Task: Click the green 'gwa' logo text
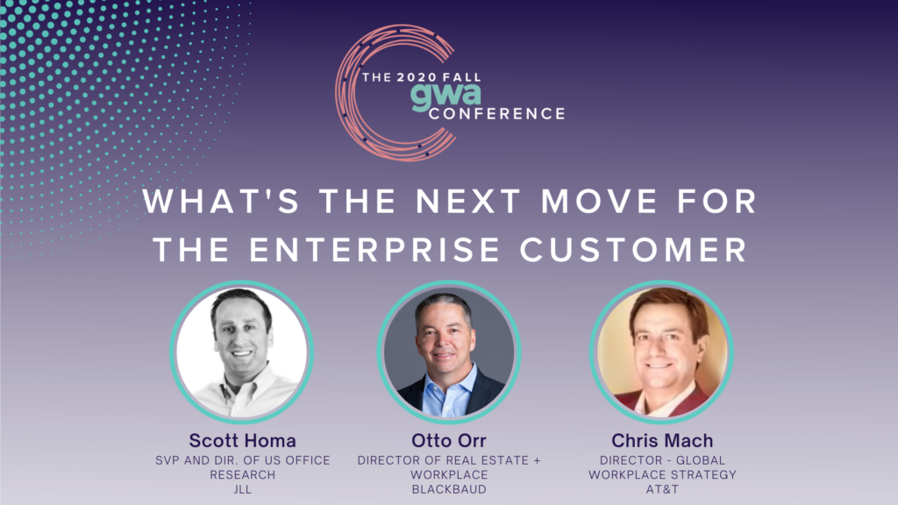click(445, 96)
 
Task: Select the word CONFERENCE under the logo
click(496, 114)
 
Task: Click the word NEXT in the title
click(468, 202)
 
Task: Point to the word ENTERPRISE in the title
click(374, 250)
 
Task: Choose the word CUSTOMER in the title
click(633, 250)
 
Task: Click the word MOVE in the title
click(599, 202)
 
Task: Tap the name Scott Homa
click(242, 440)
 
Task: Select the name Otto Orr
click(448, 440)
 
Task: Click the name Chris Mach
click(662, 440)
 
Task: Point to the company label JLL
click(242, 489)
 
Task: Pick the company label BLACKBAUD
click(449, 489)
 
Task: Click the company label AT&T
click(662, 489)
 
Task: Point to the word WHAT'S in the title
click(221, 202)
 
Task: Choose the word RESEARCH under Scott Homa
click(242, 474)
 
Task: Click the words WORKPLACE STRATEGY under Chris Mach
click(662, 474)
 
